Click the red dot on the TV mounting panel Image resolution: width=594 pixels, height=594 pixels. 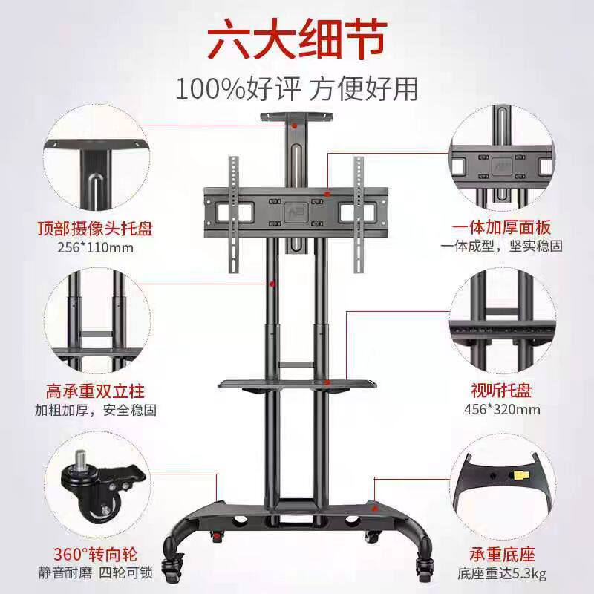(x=327, y=194)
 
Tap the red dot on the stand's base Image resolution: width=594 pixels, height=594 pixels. (x=376, y=509)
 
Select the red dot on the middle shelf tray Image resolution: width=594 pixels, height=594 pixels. (x=327, y=382)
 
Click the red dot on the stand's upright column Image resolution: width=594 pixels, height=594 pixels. (x=272, y=283)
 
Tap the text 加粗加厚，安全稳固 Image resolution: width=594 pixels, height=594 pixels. (x=95, y=409)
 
